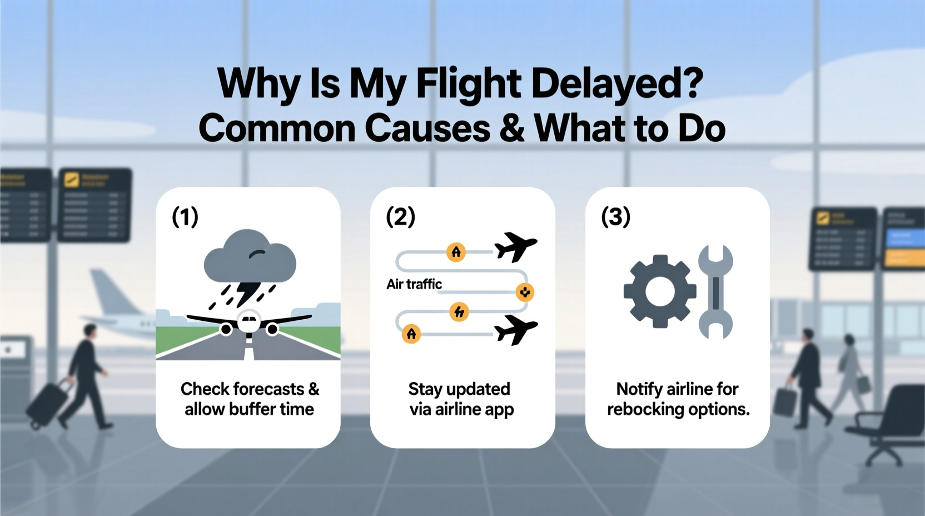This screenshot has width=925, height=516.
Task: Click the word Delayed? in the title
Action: point(617,83)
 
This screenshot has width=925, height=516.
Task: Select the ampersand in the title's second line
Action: point(511,128)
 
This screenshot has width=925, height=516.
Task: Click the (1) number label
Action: point(185,216)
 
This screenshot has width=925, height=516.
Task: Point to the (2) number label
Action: point(400,216)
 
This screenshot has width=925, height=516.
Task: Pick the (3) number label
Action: point(615,216)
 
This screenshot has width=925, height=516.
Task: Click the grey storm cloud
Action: point(250,258)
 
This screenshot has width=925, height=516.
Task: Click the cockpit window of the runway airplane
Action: point(249,320)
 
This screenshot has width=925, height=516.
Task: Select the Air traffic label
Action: point(414,284)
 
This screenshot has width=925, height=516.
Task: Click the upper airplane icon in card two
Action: point(515,246)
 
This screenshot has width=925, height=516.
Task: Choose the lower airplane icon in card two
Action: point(515,329)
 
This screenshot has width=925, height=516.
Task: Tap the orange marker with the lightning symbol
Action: point(459,312)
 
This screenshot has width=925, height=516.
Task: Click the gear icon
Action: point(660,291)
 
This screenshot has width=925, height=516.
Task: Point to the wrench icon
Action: point(715,292)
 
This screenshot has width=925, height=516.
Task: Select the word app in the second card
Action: point(499,410)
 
